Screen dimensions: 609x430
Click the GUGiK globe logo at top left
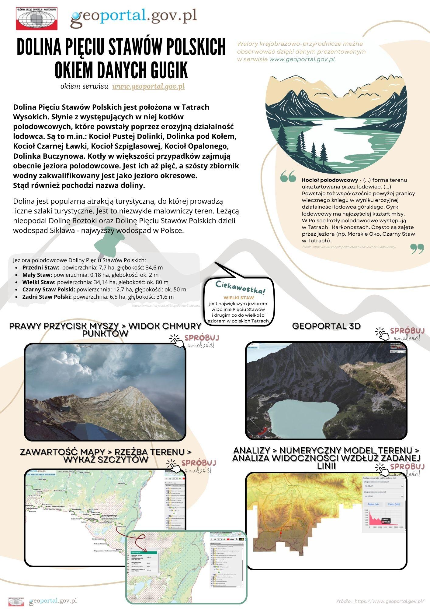coord(37,19)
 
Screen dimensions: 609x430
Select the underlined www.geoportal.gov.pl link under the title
coord(148,86)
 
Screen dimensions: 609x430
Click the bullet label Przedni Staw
coord(41,268)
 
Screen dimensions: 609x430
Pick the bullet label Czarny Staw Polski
coord(49,290)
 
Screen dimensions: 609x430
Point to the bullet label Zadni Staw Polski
coord(47,297)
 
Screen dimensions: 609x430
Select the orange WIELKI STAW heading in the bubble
coord(239,298)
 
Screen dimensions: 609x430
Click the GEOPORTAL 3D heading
coord(326,326)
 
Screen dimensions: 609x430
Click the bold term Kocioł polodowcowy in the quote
coord(330,180)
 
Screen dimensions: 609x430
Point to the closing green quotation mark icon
coord(417,248)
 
